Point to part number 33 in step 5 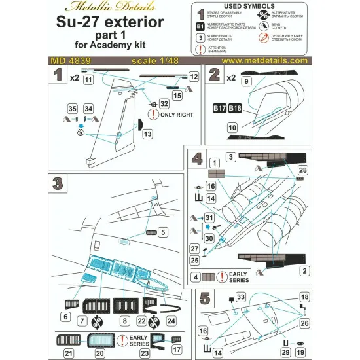pos(241,297)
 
